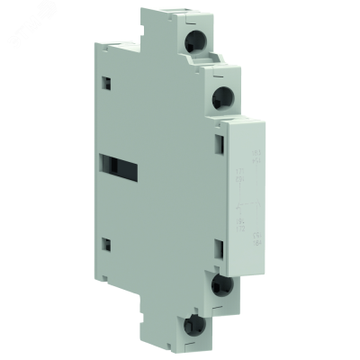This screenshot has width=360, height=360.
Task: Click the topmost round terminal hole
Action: tap(195, 40)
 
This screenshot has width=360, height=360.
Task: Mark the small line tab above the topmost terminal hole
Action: tap(193, 15)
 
